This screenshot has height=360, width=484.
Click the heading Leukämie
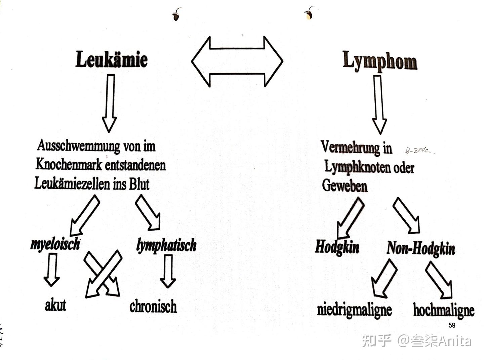tap(112, 59)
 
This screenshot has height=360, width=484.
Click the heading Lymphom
tap(380, 61)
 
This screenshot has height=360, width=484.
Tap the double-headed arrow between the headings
tap(237, 62)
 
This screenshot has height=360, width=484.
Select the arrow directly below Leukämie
tap(110, 103)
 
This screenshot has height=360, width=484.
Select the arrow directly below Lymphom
tap(379, 104)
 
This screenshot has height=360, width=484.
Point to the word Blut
tap(139, 184)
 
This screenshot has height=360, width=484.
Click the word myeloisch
tap(55, 244)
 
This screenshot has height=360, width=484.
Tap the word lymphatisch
tap(166, 245)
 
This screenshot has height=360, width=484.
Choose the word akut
tap(55, 305)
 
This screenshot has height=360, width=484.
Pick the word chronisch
tap(153, 306)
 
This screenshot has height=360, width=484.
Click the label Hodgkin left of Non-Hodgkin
tap(337, 247)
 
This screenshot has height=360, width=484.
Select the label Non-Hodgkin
tap(421, 249)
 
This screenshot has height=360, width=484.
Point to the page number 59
tap(452, 325)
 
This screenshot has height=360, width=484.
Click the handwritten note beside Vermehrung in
tap(418, 151)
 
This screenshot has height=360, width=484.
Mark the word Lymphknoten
tap(357, 167)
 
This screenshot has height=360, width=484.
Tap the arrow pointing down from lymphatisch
tap(168, 271)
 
